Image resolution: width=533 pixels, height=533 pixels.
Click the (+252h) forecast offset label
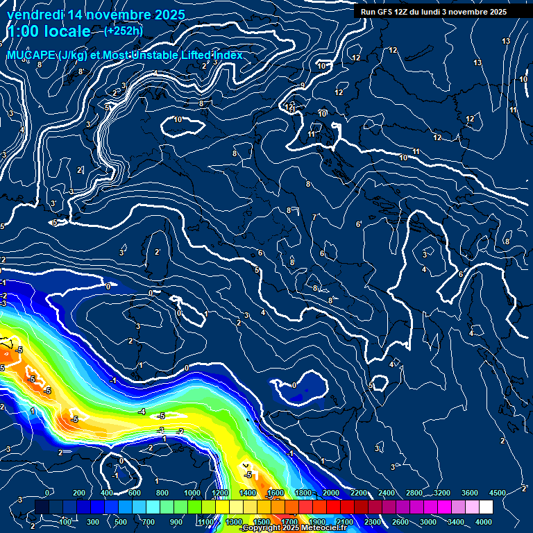coord(124,31)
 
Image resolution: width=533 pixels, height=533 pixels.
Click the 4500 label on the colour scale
coord(498,493)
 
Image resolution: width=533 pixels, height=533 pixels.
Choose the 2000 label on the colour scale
coord(331,493)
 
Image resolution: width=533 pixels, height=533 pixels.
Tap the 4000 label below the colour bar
coord(484,522)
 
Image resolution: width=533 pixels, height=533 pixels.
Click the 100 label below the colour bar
coord(66,522)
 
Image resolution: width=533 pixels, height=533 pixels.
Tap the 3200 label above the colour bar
coord(442,493)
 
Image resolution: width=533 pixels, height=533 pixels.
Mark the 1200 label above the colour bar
coord(220,493)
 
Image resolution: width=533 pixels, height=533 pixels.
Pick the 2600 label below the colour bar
coord(400,522)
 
